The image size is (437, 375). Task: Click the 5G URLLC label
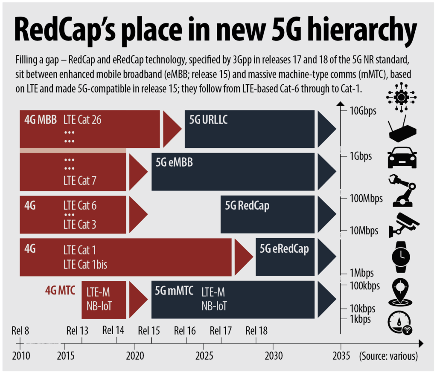208,119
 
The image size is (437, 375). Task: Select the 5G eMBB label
174,162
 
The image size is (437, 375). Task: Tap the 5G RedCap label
247,206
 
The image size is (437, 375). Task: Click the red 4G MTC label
60,291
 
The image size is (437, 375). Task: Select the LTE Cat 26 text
82,120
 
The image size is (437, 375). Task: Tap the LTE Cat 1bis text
85,265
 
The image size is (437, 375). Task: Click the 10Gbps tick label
363,112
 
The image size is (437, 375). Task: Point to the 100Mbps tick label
366,199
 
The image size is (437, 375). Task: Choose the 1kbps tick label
360,319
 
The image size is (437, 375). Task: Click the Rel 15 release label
149,331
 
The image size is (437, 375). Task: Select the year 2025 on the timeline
203,356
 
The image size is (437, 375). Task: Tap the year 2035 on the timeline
341,356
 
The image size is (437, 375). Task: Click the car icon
402,158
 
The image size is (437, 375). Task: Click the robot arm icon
402,191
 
